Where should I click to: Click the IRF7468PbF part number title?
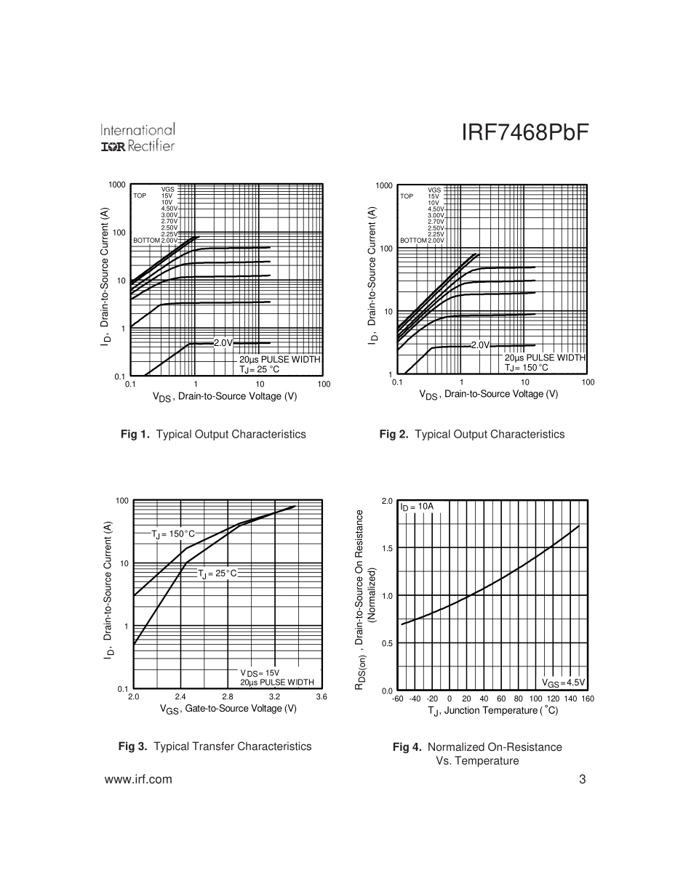click(x=524, y=134)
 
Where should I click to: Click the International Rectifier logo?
click(x=137, y=138)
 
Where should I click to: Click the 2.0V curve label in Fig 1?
click(x=223, y=343)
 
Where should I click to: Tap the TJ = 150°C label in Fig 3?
click(x=173, y=534)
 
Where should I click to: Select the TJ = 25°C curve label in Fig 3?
click(x=217, y=573)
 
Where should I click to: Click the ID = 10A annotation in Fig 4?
click(x=417, y=506)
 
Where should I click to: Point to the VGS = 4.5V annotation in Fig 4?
click(x=563, y=682)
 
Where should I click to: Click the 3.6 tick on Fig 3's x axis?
click(x=321, y=697)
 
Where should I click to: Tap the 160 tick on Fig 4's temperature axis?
click(x=588, y=699)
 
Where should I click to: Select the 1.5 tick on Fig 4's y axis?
click(x=387, y=548)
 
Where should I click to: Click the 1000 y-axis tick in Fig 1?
click(x=117, y=185)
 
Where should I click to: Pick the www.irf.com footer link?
click(x=139, y=780)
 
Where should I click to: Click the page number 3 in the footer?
click(x=583, y=780)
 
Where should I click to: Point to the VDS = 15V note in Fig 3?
click(x=260, y=673)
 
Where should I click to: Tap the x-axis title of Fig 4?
click(x=492, y=710)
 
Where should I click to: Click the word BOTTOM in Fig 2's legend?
click(x=412, y=241)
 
